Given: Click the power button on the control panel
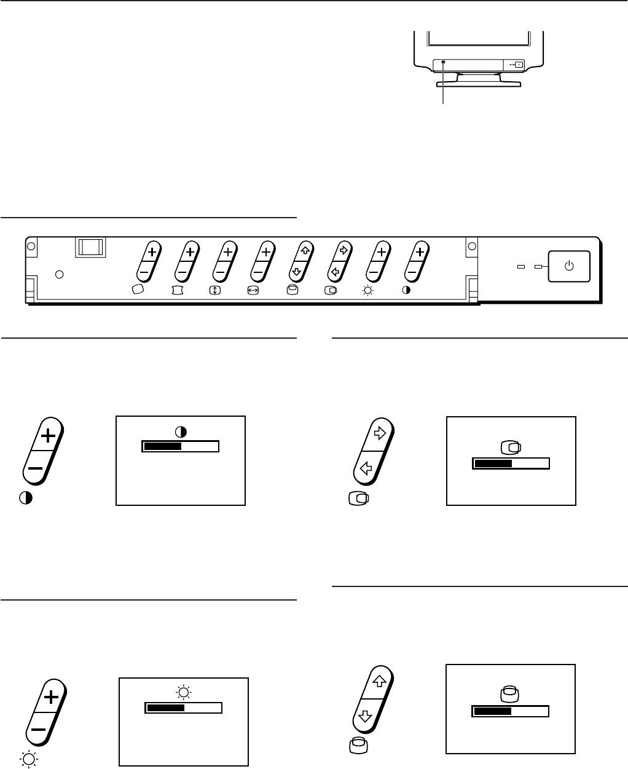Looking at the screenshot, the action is pos(569,265).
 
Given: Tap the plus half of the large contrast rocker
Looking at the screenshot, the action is pos(48,436).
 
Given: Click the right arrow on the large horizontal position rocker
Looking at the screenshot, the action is pos(379,433).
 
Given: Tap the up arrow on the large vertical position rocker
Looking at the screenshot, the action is pos(379,680).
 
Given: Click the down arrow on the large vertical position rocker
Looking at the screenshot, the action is pos(365,716).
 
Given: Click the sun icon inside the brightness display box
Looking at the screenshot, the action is pos(183,693).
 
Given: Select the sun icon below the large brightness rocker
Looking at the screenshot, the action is pos(28,760).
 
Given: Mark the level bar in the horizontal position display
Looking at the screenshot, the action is pos(511,463).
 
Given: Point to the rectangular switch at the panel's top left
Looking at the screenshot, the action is pos(90,247).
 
